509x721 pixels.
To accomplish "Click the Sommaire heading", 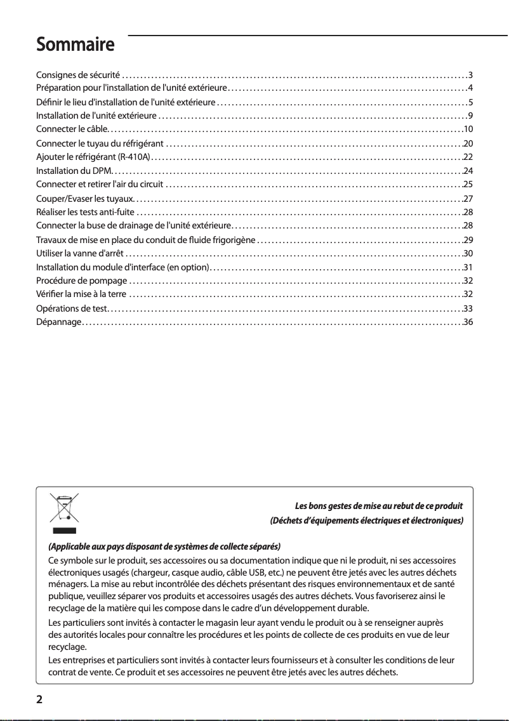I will click(x=75, y=46).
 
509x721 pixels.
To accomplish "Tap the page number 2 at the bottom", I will click(x=40, y=700).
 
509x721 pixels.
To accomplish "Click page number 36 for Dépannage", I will click(x=469, y=322).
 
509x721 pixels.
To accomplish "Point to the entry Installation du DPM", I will click(x=74, y=171).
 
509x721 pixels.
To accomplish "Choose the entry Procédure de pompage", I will click(x=82, y=280).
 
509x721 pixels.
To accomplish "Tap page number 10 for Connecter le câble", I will click(x=469, y=129).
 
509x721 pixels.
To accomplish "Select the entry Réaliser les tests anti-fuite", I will click(x=86, y=211).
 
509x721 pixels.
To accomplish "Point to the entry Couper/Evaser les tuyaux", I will click(x=83, y=199).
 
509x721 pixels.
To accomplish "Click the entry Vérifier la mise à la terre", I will click(x=81, y=294).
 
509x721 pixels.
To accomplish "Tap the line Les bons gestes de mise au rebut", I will click(x=379, y=506).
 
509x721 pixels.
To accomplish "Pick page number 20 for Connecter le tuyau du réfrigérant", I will click(x=469, y=143).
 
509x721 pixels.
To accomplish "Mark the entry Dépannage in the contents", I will click(x=58, y=322).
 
